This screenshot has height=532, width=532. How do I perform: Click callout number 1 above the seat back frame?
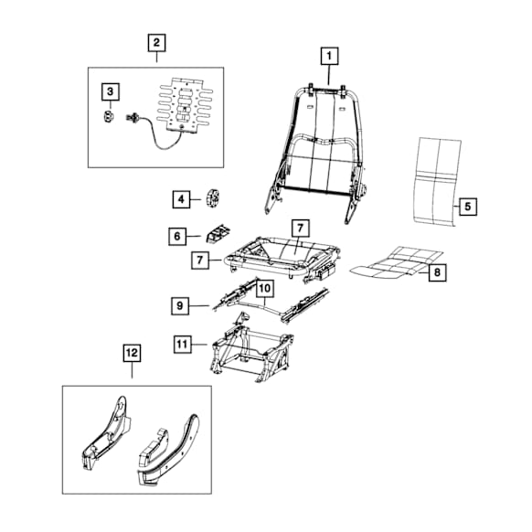coord(329,56)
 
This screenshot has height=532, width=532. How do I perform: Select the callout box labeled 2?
coord(156,43)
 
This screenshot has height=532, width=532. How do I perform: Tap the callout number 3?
coord(111,91)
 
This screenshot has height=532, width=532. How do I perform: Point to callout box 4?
coord(181,199)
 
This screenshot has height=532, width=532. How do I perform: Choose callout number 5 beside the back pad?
coord(468,207)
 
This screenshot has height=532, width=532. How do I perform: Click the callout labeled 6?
coord(177,236)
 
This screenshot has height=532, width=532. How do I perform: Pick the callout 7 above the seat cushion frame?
coord(300,229)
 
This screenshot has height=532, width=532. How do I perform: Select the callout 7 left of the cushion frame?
coord(200,261)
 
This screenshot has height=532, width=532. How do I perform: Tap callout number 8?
coord(437,272)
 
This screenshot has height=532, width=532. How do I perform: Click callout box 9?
coord(180,305)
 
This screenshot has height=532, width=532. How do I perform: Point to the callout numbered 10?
coord(265,288)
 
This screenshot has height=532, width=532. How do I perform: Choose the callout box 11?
coord(182,345)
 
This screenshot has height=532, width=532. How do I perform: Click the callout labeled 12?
coord(132,353)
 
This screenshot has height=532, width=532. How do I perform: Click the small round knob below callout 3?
coord(109,117)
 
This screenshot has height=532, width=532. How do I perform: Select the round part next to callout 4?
coord(213,198)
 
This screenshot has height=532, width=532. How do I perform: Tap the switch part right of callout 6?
coord(218,233)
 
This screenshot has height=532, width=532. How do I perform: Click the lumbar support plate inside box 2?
coord(185,106)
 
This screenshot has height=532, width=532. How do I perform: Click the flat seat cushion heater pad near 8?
coord(397,262)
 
